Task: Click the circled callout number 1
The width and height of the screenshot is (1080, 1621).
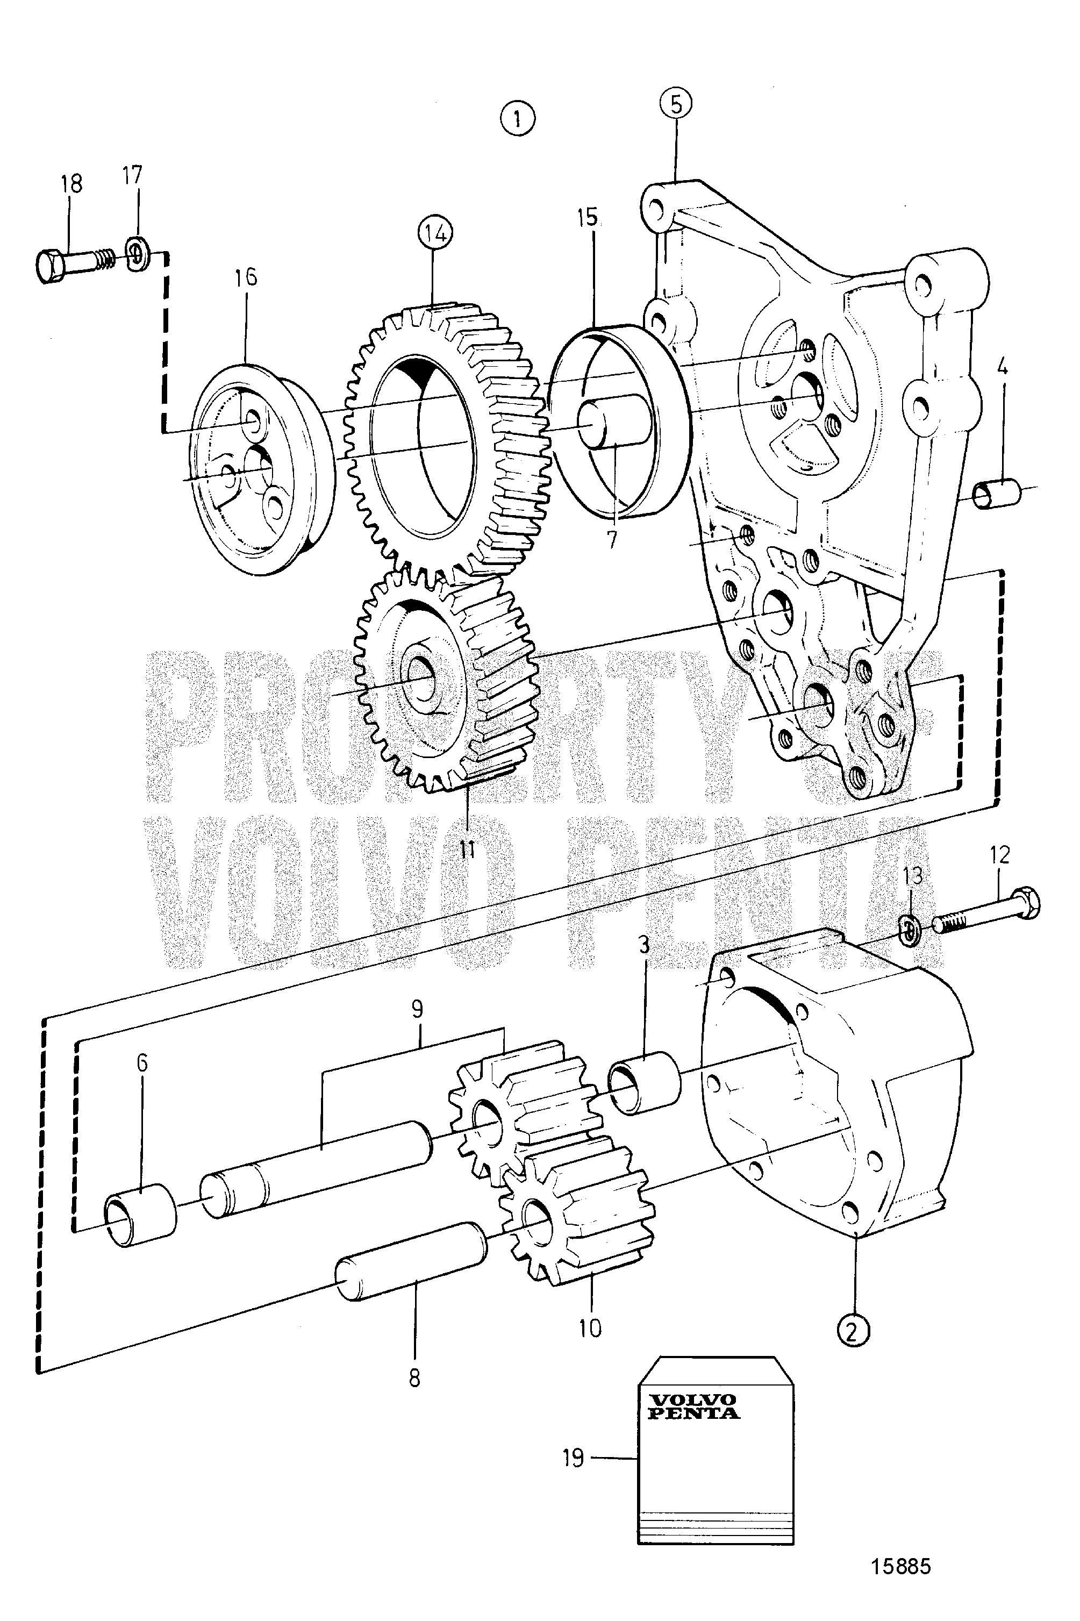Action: pyautogui.click(x=517, y=118)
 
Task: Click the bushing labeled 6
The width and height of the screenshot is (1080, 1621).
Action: pyautogui.click(x=140, y=1215)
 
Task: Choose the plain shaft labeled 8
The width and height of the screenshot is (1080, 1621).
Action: pyautogui.click(x=411, y=1261)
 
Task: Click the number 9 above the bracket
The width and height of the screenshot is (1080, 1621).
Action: pyautogui.click(x=417, y=1010)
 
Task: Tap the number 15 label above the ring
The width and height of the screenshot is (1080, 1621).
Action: pyautogui.click(x=587, y=218)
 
